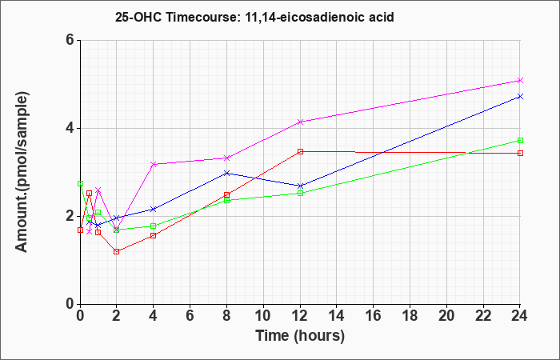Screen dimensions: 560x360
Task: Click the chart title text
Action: pyautogui.click(x=254, y=17)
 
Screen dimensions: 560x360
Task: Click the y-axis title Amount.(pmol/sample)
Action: pyautogui.click(x=22, y=172)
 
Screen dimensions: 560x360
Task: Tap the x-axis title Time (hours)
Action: pyautogui.click(x=300, y=336)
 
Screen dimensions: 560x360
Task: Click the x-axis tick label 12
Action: pyautogui.click(x=300, y=316)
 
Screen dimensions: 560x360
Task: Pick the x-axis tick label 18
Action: pyautogui.click(x=410, y=316)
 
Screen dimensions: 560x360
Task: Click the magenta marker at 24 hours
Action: pyautogui.click(x=520, y=80)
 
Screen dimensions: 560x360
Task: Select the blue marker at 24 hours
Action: pyautogui.click(x=520, y=97)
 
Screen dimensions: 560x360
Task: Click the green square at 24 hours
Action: pyautogui.click(x=520, y=140)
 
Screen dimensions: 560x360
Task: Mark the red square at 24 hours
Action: pyautogui.click(x=520, y=154)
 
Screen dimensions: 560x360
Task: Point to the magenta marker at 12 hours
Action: pyautogui.click(x=300, y=122)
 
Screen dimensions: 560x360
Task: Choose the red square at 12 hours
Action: pyautogui.click(x=300, y=151)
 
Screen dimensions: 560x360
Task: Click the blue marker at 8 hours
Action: pyautogui.click(x=226, y=174)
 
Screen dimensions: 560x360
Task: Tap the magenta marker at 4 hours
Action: pyautogui.click(x=154, y=164)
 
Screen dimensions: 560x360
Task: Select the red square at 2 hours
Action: pyautogui.click(x=117, y=251)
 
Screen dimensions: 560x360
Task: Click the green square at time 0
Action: pyautogui.click(x=80, y=183)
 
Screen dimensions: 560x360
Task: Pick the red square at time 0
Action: pyautogui.click(x=80, y=230)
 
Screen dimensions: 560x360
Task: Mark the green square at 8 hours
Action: pyautogui.click(x=226, y=200)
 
